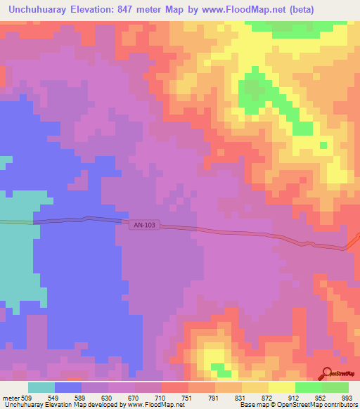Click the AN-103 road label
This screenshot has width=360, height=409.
[x=146, y=225]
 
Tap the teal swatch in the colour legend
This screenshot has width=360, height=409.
[x=41, y=387]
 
